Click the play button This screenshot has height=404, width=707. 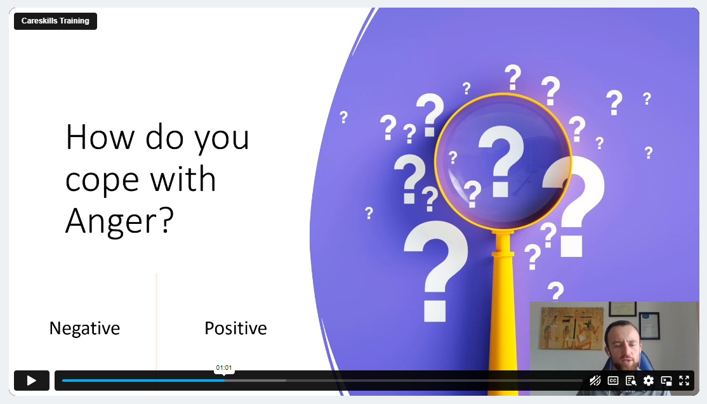pos(32,381)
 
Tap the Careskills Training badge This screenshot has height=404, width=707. pos(55,21)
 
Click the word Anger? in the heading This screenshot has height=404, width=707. pos(119,221)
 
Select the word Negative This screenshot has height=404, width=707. pos(85,329)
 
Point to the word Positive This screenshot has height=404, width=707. pos(236,329)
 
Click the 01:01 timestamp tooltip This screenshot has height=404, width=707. pos(224,368)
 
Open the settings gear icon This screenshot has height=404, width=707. pos(649,381)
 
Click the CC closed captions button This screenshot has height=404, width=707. pos(613,381)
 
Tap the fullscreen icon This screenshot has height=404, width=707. pos(684,381)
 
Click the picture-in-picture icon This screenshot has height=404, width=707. pos(666,381)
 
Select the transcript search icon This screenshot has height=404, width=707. pos(631,381)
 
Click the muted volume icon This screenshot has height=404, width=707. pos(595,381)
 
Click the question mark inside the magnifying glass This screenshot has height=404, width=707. pos(501,161)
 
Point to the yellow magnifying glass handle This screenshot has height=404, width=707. pos(503,311)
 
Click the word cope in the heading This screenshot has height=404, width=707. pos(102,180)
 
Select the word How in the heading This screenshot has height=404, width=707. pos(100,137)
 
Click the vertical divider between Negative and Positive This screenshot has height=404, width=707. pos(157,322)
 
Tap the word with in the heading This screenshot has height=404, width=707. pos(183,178)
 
